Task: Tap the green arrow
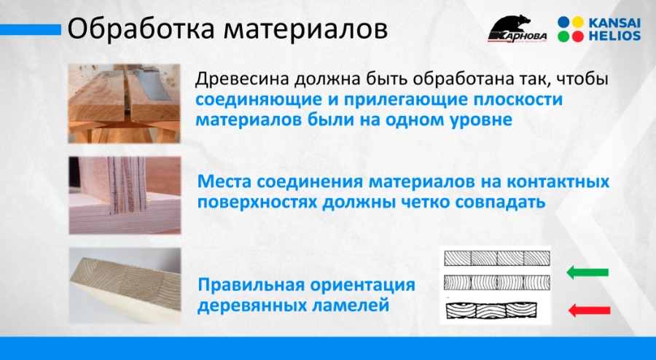coord(587,273)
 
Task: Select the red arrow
coord(589,310)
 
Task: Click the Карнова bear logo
coord(518,29)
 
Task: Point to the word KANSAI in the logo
coord(614,23)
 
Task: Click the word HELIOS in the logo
coord(614,36)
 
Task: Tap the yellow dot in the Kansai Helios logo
coord(578,22)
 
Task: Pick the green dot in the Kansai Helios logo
coord(564,36)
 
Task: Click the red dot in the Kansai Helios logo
coord(578,36)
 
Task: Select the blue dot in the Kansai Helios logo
coord(564,22)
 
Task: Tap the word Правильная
coord(253,285)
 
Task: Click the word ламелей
coord(351,305)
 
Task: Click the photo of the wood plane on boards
coord(124,103)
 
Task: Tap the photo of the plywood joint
coord(125,195)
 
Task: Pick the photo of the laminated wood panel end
coord(125,285)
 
